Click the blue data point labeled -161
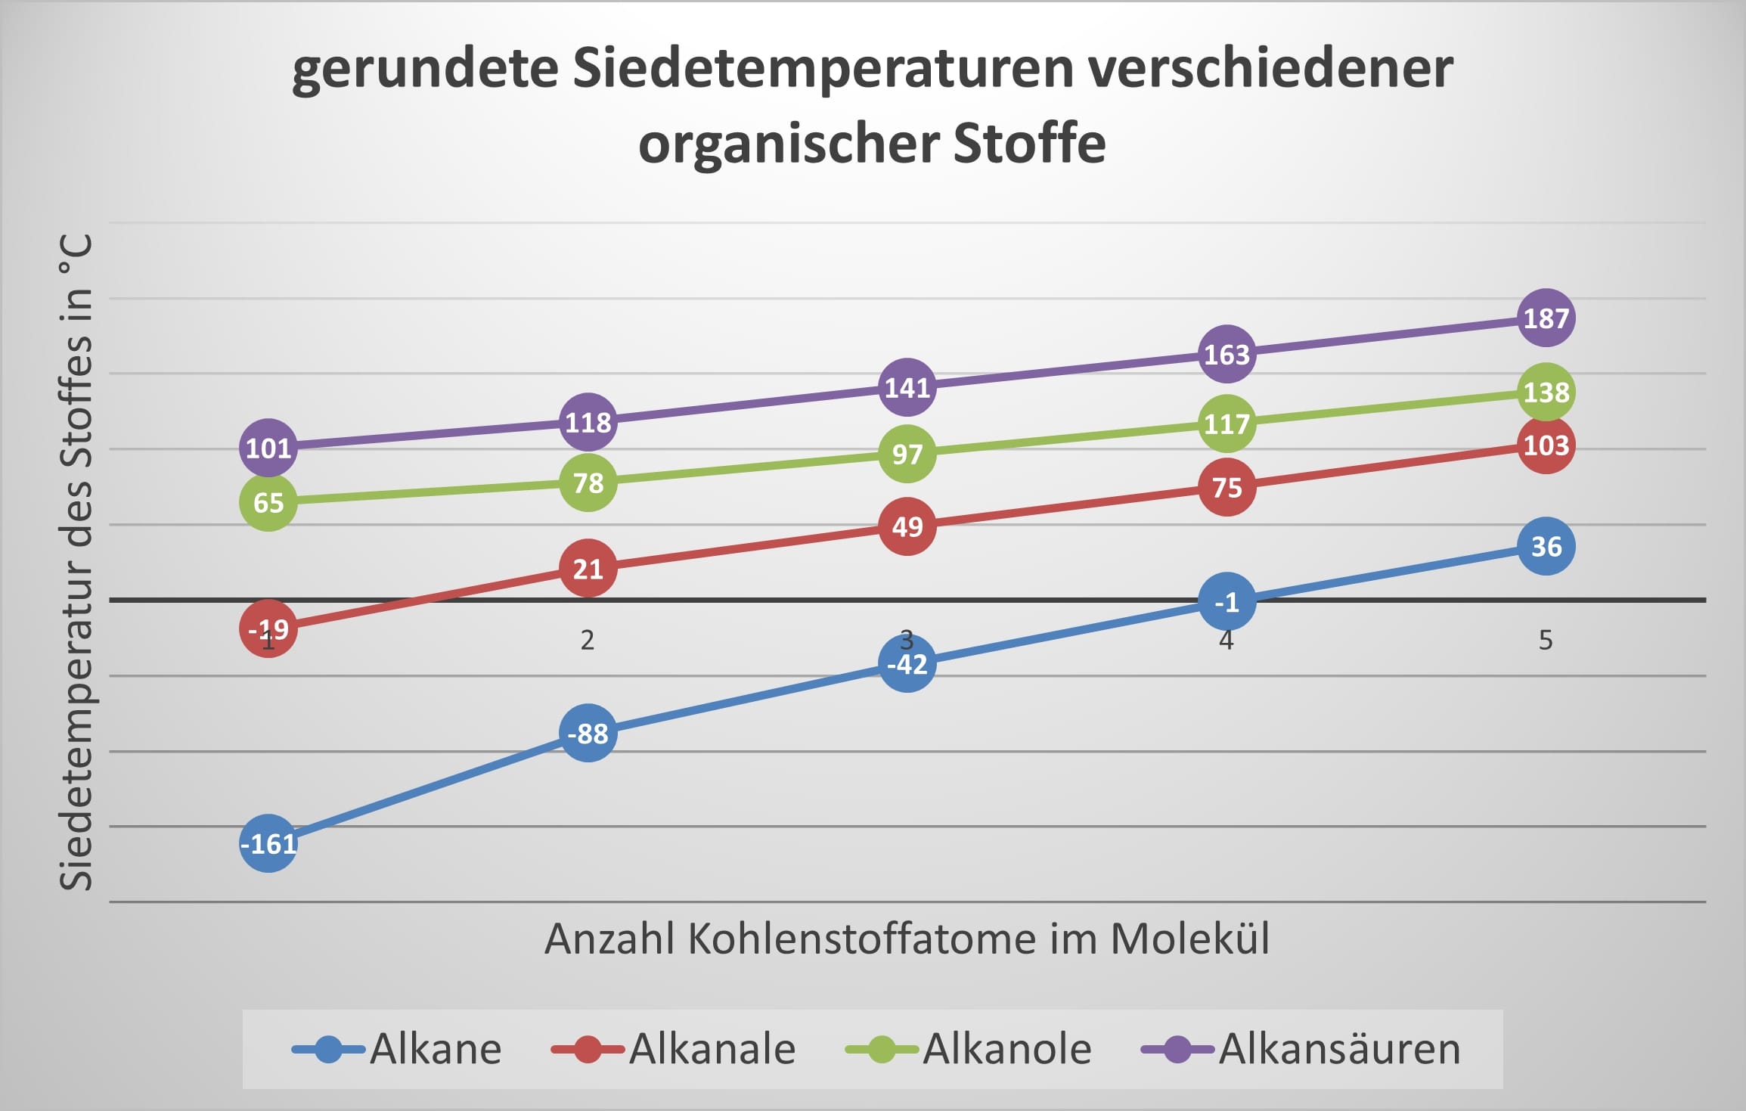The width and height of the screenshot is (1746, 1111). (268, 843)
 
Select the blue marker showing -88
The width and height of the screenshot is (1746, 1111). (588, 733)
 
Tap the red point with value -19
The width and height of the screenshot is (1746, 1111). (268, 628)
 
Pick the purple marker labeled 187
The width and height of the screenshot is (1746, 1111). (1546, 318)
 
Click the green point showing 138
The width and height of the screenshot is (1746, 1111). (1546, 392)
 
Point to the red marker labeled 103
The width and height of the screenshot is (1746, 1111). (1546, 445)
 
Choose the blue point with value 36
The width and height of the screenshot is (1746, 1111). (1546, 546)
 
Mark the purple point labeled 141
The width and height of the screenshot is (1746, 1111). (907, 387)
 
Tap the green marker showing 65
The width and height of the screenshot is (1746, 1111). (268, 502)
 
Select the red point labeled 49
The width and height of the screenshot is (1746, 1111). (907, 526)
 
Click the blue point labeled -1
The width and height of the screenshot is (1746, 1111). (1227, 601)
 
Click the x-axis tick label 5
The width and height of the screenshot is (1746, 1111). (1546, 641)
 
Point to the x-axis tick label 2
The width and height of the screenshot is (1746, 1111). (588, 641)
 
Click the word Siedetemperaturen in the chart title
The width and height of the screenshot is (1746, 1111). (823, 68)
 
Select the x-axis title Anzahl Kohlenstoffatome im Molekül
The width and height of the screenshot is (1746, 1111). (907, 939)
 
